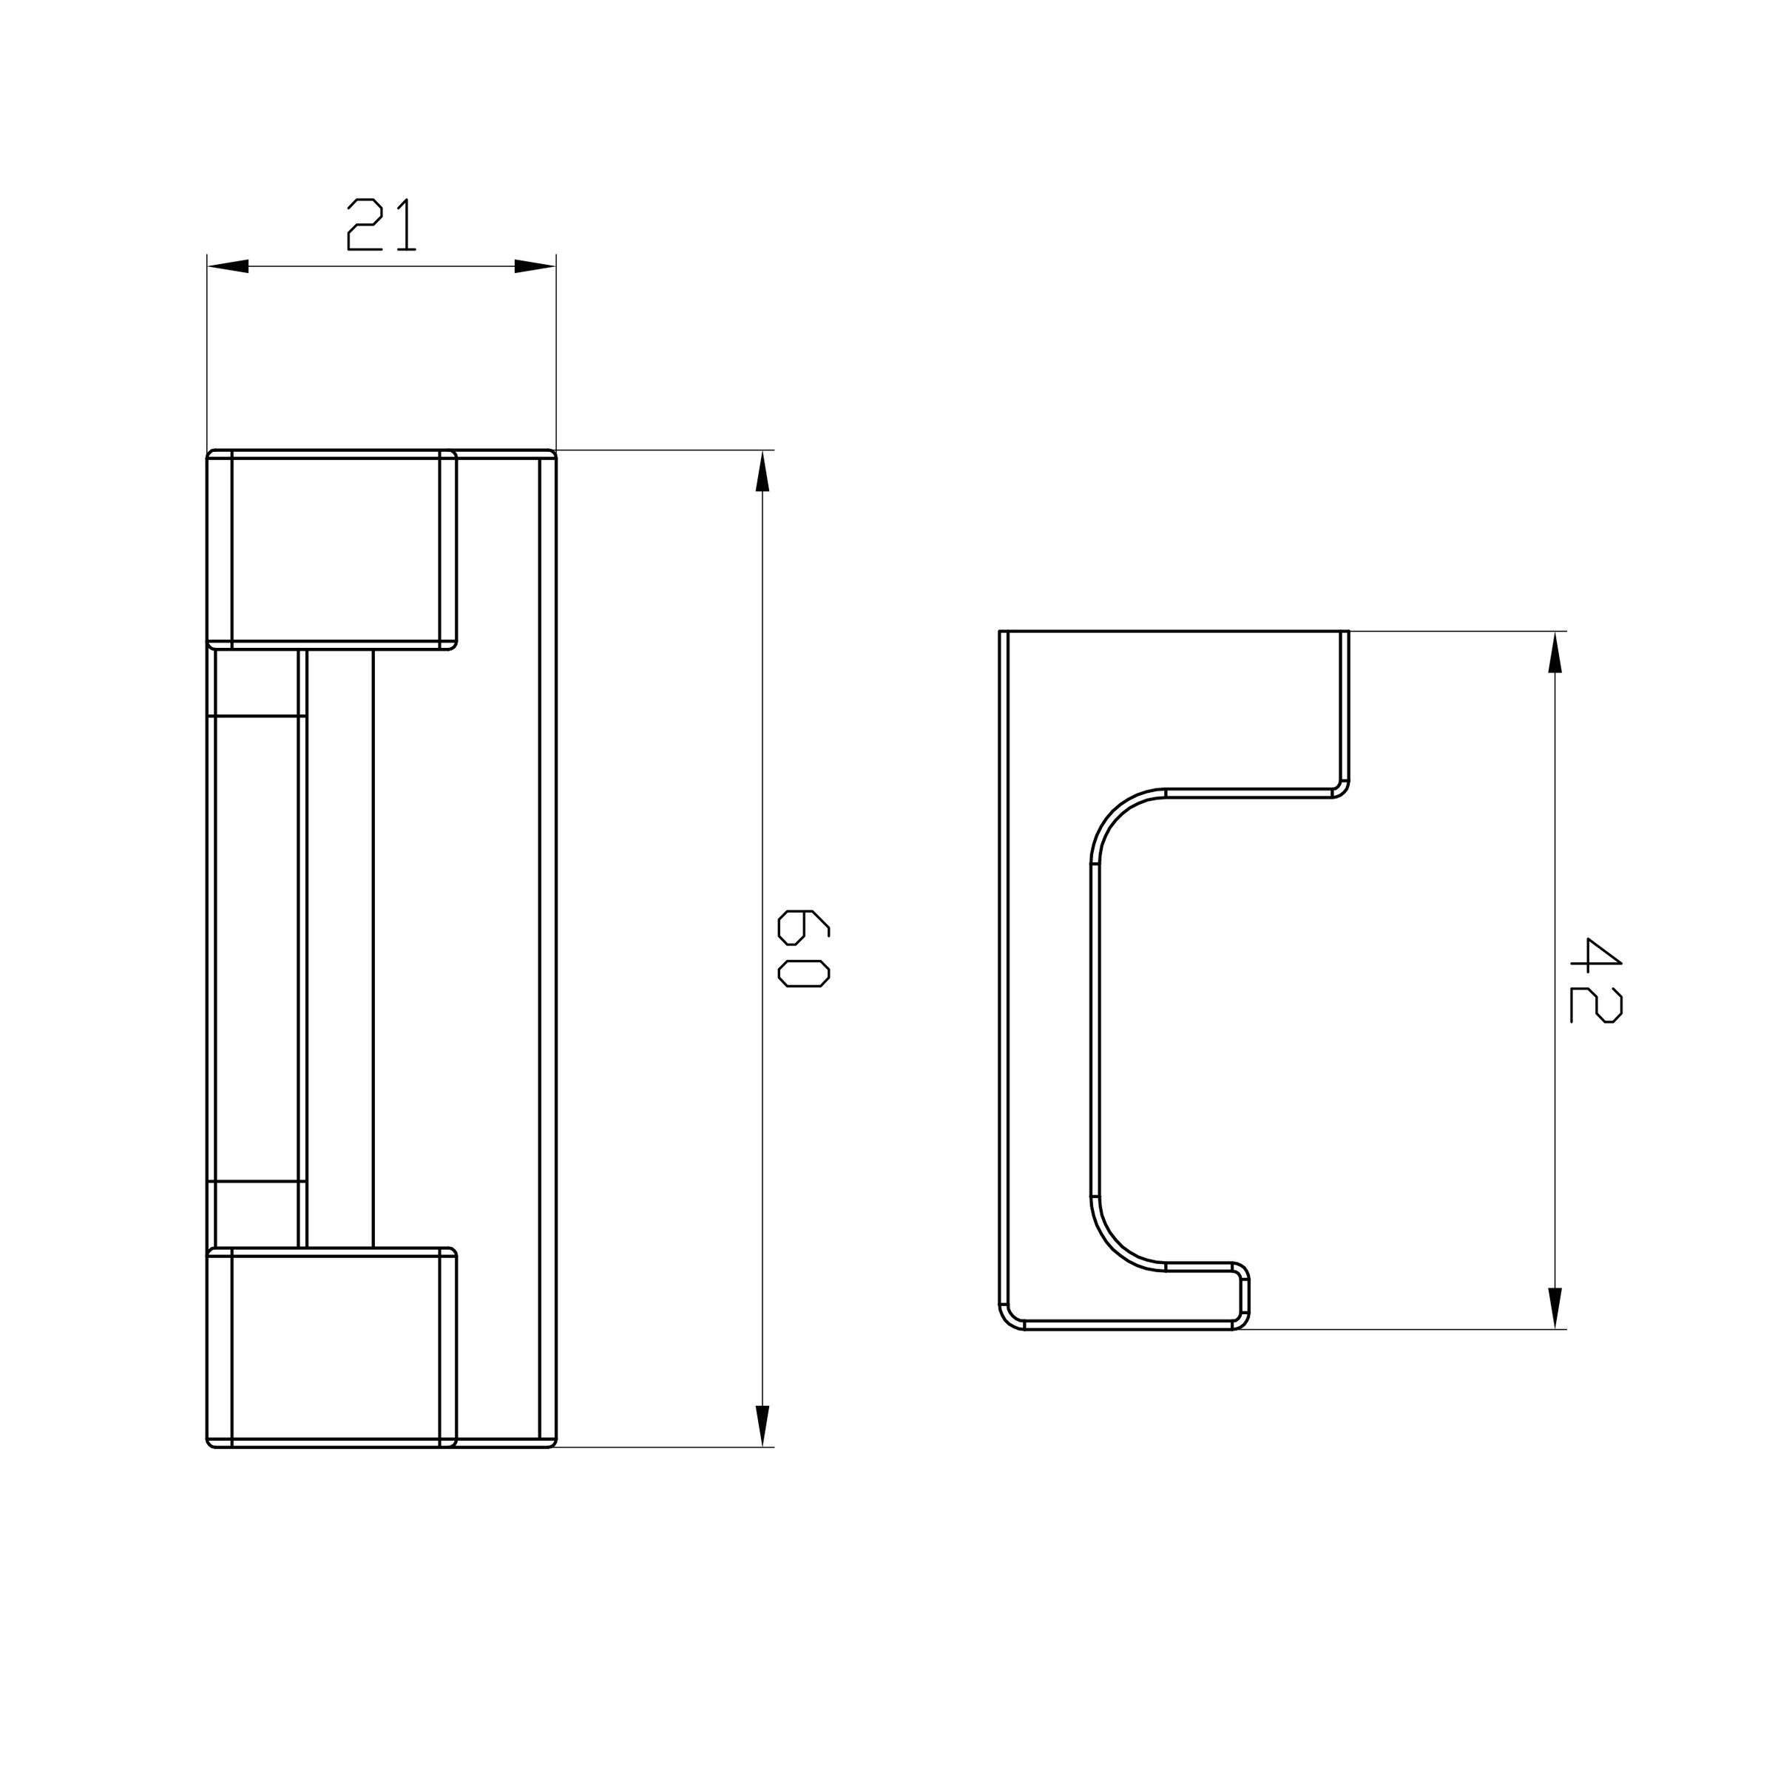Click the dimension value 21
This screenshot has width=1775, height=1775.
click(x=382, y=224)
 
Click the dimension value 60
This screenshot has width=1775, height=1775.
click(x=804, y=948)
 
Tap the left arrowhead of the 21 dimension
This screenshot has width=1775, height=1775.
click(x=228, y=266)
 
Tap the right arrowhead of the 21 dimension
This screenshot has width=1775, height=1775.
click(x=535, y=266)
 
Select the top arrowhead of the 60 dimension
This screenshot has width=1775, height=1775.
click(x=762, y=471)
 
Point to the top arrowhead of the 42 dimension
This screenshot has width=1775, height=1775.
click(x=1555, y=652)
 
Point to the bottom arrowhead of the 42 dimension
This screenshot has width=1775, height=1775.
click(x=1555, y=1308)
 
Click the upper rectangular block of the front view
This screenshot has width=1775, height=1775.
click(x=331, y=550)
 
